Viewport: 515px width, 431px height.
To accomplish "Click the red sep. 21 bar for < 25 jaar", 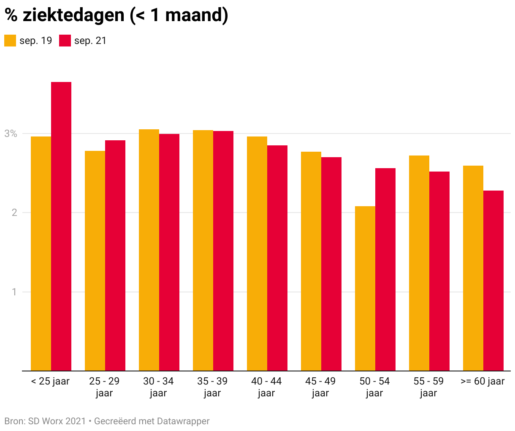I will tap(61, 226).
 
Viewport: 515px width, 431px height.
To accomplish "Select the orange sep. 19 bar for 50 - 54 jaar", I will tap(365, 289).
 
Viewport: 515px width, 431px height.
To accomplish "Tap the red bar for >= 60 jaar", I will tap(493, 281).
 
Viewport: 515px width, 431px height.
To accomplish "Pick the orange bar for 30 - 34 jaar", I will tap(149, 250).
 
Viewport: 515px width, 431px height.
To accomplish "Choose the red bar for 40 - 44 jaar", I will tap(277, 258).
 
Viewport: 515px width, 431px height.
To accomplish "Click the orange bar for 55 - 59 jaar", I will tap(419, 263).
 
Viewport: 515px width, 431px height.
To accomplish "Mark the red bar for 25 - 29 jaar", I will tap(115, 256).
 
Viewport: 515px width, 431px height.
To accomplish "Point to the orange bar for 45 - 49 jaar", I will tap(311, 261).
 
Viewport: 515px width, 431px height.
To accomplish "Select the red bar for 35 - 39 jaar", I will tap(223, 251).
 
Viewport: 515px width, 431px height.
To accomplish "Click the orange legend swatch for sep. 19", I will tap(10, 41).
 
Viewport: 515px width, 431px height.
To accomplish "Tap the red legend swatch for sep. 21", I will tap(65, 41).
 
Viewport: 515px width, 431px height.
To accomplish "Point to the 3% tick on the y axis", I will tap(11, 134).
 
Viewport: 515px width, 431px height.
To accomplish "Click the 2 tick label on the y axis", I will tap(14, 213).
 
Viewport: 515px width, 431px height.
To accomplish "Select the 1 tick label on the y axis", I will tap(14, 292).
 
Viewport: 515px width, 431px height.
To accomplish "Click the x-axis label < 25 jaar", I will tap(50, 382).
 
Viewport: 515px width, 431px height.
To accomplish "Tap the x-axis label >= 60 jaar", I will tap(482, 382).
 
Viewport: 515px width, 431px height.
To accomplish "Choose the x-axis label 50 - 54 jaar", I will tap(374, 387).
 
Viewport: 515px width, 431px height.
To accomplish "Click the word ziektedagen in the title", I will tap(73, 15).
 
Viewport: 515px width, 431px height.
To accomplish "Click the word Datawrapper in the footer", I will tap(183, 421).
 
